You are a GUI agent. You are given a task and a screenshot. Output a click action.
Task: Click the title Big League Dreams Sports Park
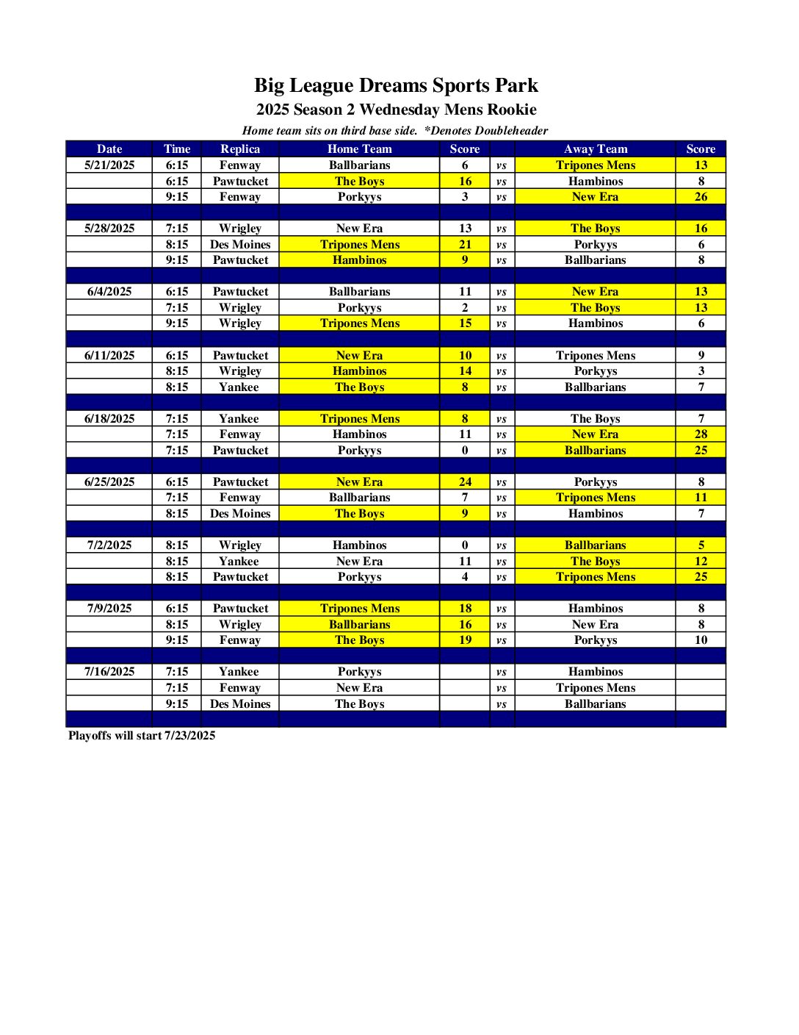pyautogui.click(x=396, y=85)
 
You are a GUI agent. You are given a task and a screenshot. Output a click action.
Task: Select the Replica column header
pyautogui.click(x=240, y=148)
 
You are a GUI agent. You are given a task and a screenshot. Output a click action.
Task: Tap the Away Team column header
pyautogui.click(x=595, y=148)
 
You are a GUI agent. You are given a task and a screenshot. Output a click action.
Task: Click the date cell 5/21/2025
pyautogui.click(x=109, y=165)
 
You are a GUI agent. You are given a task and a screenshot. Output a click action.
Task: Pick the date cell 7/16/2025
pyautogui.click(x=109, y=671)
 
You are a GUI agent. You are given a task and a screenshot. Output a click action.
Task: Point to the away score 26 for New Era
pyautogui.click(x=701, y=196)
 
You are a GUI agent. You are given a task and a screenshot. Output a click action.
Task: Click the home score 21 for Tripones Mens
pyautogui.click(x=465, y=244)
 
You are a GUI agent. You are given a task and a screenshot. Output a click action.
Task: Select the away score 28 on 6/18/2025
pyautogui.click(x=701, y=434)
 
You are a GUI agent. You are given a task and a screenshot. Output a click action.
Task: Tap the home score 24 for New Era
pyautogui.click(x=465, y=481)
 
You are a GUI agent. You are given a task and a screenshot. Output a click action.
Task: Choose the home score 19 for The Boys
pyautogui.click(x=465, y=640)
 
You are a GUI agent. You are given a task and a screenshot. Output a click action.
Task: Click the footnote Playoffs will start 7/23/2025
pyautogui.click(x=142, y=735)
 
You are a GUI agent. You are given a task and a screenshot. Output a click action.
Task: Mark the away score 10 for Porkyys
pyautogui.click(x=701, y=640)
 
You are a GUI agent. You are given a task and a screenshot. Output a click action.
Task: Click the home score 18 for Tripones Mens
pyautogui.click(x=465, y=608)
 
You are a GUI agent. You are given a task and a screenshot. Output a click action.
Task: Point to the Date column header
pyautogui.click(x=109, y=148)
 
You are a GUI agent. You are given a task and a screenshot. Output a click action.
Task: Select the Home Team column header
pyautogui.click(x=359, y=148)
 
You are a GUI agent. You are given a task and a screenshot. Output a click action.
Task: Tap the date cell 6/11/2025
pyautogui.click(x=109, y=355)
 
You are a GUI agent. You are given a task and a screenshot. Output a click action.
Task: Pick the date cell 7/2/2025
pyautogui.click(x=109, y=545)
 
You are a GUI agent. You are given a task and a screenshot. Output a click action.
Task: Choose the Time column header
pyautogui.click(x=177, y=148)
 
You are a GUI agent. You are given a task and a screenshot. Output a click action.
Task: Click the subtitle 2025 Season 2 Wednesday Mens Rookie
pyautogui.click(x=396, y=110)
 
